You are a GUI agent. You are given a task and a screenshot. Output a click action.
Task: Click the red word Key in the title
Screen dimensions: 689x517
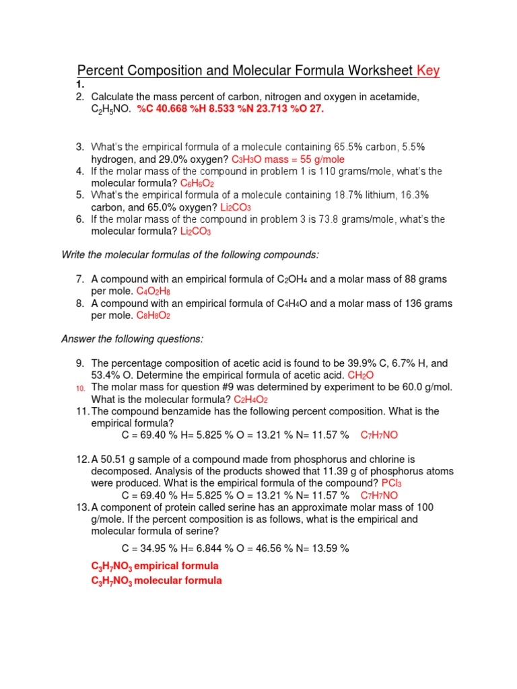[428, 71]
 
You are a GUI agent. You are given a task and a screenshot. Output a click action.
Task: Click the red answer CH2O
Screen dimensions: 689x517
[361, 375]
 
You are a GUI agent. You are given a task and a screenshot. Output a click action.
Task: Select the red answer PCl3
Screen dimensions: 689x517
[392, 483]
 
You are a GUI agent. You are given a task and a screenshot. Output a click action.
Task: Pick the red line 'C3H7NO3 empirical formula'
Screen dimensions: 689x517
[155, 567]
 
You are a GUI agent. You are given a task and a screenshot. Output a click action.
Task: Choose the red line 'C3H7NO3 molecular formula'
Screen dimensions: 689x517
[156, 580]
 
